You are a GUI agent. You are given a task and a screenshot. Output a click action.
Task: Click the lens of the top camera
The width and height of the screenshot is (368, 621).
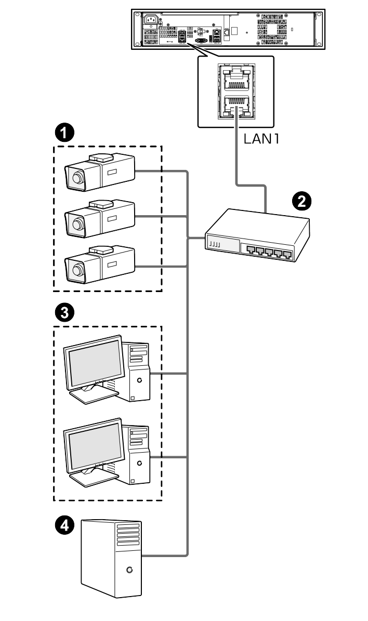click(x=77, y=178)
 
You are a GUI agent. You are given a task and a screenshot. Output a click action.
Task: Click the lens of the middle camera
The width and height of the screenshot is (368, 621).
click(x=77, y=224)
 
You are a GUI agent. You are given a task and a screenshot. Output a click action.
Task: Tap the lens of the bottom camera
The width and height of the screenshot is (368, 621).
click(x=77, y=269)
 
